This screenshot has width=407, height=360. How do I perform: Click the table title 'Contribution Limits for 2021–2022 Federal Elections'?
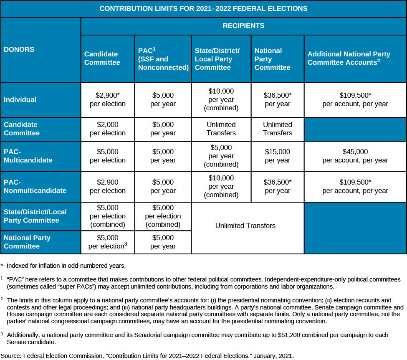tap(203, 8)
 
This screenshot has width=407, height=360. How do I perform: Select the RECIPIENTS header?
tap(243, 26)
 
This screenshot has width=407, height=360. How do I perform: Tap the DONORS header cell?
tap(19, 49)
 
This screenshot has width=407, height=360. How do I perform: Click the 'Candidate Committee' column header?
tap(102, 58)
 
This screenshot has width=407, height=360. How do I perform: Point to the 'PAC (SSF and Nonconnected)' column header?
tap(163, 59)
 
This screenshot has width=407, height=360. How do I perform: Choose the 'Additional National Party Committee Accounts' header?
tap(349, 58)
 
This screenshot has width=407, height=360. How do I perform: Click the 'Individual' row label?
tap(20, 100)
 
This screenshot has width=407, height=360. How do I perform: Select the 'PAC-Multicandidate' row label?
tap(28, 156)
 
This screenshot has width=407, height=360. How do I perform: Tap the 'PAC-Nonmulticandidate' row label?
tap(35, 186)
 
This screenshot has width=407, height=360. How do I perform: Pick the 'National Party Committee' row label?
tap(27, 242)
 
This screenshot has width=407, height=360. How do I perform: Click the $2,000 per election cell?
tap(108, 129)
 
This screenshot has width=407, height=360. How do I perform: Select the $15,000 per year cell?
tap(277, 156)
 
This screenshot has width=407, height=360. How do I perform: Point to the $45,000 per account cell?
tap(355, 156)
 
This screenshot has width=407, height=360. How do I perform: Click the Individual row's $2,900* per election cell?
tap(108, 99)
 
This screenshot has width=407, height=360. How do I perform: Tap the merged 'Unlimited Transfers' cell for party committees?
tap(245, 226)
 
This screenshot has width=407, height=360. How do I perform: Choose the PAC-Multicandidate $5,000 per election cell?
tap(108, 156)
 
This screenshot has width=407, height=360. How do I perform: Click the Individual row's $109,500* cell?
tap(355, 99)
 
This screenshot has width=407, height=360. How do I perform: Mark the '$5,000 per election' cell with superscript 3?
tap(108, 242)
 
